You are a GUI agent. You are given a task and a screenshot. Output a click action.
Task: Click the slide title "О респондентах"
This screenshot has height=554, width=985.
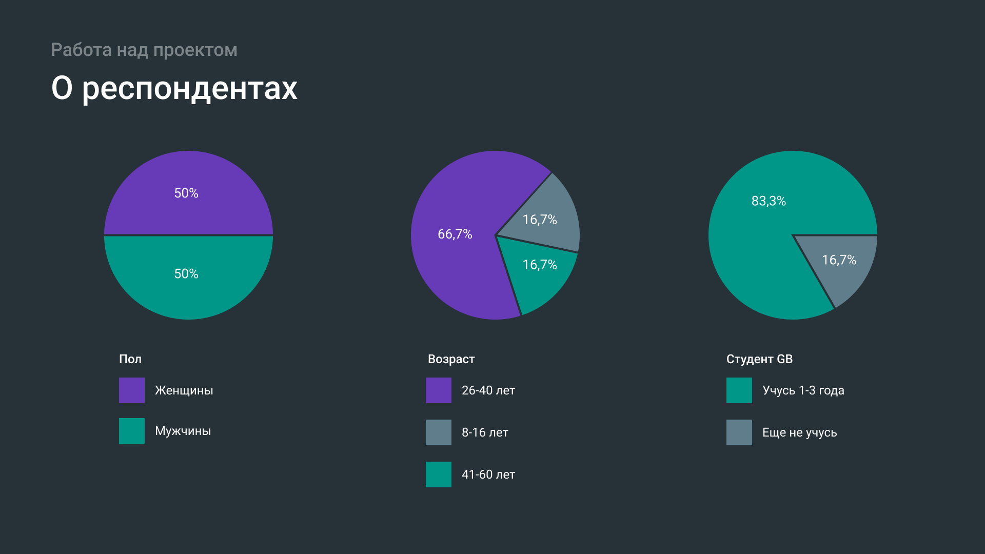tap(174, 88)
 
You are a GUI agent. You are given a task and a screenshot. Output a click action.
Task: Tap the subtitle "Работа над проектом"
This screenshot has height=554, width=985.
tap(144, 50)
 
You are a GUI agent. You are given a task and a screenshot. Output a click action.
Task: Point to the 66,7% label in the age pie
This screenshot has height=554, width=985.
tap(455, 234)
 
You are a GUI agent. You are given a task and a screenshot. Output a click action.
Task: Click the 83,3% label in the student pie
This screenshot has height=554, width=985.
tap(769, 201)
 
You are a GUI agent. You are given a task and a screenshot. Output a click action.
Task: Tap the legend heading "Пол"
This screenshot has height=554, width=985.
tap(130, 359)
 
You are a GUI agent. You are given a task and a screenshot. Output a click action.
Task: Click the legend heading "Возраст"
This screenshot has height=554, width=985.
tap(451, 359)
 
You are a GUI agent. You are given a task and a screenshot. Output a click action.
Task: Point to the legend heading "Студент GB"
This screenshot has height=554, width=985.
tap(759, 359)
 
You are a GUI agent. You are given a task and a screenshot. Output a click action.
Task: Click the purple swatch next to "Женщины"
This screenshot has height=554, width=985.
tap(132, 390)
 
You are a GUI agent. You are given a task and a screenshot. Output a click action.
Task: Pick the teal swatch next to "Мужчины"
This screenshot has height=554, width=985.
tap(132, 431)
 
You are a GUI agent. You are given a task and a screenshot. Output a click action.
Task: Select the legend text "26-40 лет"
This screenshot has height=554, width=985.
tap(488, 390)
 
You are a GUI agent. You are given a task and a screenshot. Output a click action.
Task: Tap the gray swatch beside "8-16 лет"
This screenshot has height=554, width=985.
tap(439, 432)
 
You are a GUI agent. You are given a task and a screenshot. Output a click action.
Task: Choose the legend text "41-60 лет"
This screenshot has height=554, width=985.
tap(488, 474)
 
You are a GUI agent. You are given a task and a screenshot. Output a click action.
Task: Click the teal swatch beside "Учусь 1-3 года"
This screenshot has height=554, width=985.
tap(739, 390)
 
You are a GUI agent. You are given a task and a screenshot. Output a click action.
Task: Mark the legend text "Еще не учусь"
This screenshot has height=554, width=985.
tap(799, 432)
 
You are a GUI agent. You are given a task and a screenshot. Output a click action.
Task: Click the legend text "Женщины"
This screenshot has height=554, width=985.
tap(184, 390)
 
